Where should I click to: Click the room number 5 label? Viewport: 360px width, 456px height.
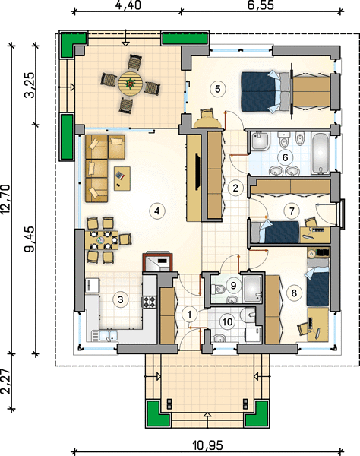pos(218,89)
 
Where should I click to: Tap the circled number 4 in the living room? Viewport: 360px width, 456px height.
pos(157,211)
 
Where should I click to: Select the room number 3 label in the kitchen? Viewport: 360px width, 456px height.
pos(120,299)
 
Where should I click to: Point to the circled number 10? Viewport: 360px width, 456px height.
pos(227,321)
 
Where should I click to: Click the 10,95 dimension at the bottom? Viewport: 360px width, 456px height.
pos(207,445)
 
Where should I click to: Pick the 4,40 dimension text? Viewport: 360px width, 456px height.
pos(128,5)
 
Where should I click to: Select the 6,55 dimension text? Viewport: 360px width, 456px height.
pos(261,5)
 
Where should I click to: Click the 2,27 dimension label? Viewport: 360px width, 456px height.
pos(6,382)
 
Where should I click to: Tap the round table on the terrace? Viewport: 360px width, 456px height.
pos(130,84)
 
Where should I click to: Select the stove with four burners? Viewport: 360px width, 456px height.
pos(149,302)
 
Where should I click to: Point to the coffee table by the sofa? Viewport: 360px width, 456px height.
pos(122,179)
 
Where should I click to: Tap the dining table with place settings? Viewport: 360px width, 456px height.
pos(104,240)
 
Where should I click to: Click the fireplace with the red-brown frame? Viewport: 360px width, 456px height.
pos(157,262)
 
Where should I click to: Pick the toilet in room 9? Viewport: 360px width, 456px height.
pos(219,290)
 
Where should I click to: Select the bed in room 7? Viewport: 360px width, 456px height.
pos(275,232)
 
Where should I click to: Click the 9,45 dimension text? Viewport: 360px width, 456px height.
pos(30,239)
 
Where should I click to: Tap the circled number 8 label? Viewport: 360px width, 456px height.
pos(294,293)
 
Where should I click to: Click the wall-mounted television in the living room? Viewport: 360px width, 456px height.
pos(197,172)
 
